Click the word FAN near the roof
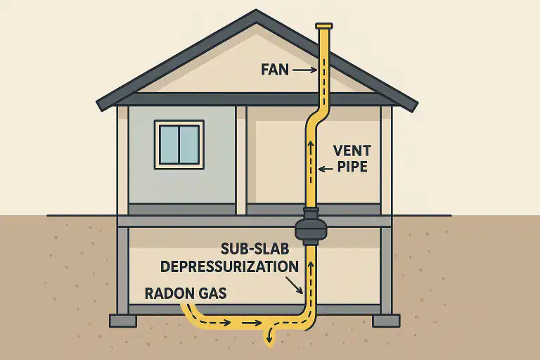pos(276,70)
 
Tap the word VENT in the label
pos(351,151)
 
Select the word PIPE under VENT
pos(351,168)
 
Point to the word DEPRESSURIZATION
pos(229,266)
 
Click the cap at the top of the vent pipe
pos(324,27)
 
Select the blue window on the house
pos(179,144)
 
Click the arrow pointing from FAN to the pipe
pos(304,70)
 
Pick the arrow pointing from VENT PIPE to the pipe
pos(326,168)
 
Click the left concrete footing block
pos(123,321)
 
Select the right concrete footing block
pos(385,321)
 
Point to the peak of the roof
pos(256,13)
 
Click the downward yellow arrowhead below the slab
pos(269,342)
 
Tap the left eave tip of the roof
pos(102,105)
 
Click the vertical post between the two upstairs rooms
pos(241,160)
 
